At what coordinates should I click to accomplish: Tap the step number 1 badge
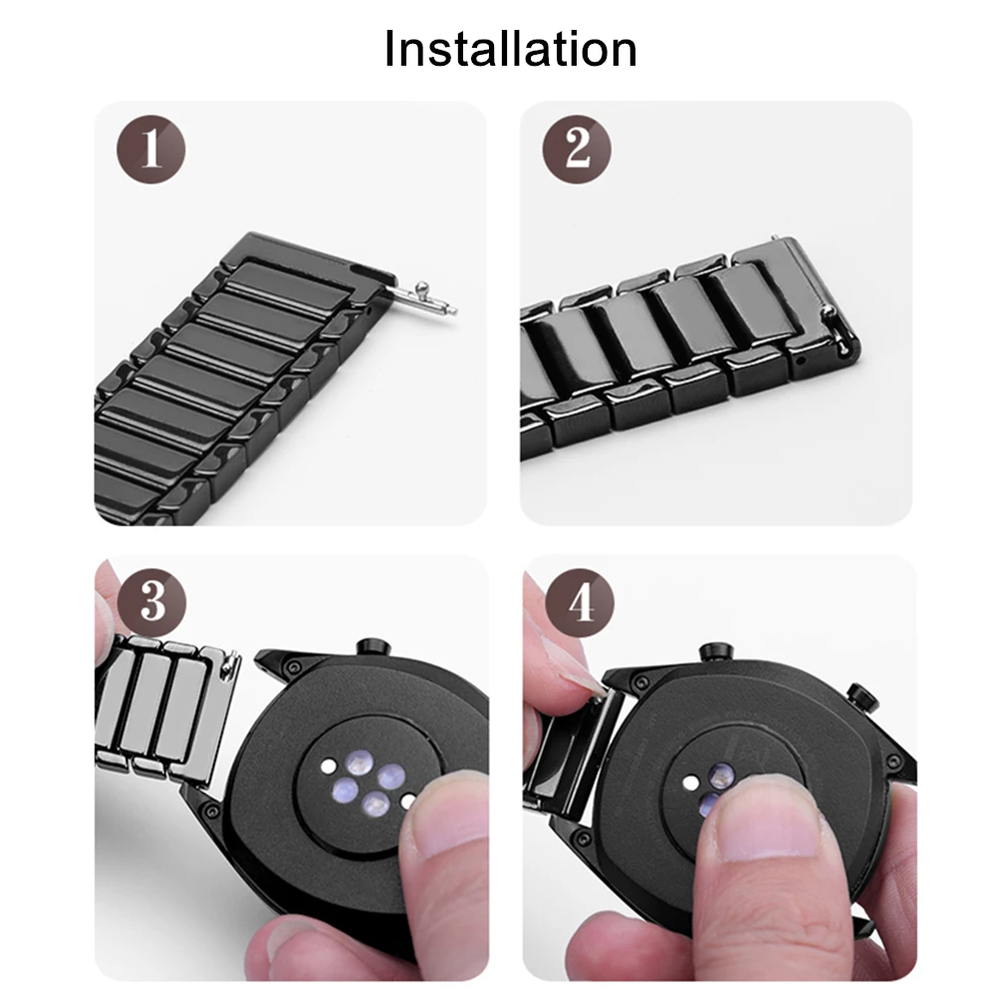pos(151,151)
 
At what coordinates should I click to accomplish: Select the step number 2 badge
pos(577,150)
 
